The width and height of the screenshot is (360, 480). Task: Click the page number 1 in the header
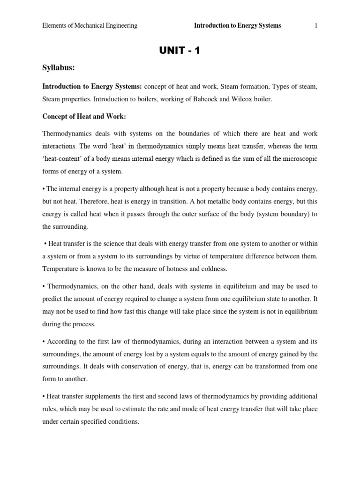(x=316, y=26)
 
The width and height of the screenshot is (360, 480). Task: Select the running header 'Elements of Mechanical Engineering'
(x=90, y=26)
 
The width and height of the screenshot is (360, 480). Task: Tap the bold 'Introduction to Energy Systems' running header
(x=238, y=26)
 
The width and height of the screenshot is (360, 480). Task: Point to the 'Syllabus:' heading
(x=59, y=68)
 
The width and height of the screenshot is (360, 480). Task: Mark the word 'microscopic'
(x=300, y=159)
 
